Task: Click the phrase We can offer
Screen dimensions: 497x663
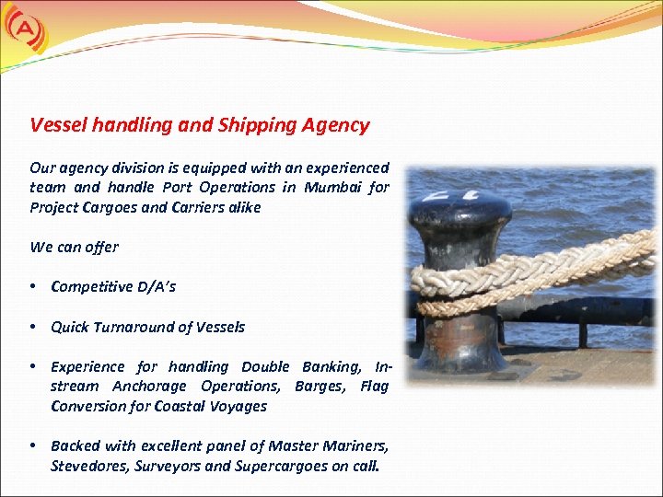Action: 74,247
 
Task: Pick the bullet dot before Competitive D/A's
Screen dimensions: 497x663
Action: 33,286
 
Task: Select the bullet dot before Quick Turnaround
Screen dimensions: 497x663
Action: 33,327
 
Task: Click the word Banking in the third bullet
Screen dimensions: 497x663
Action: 327,366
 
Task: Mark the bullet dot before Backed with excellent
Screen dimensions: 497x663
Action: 33,445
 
